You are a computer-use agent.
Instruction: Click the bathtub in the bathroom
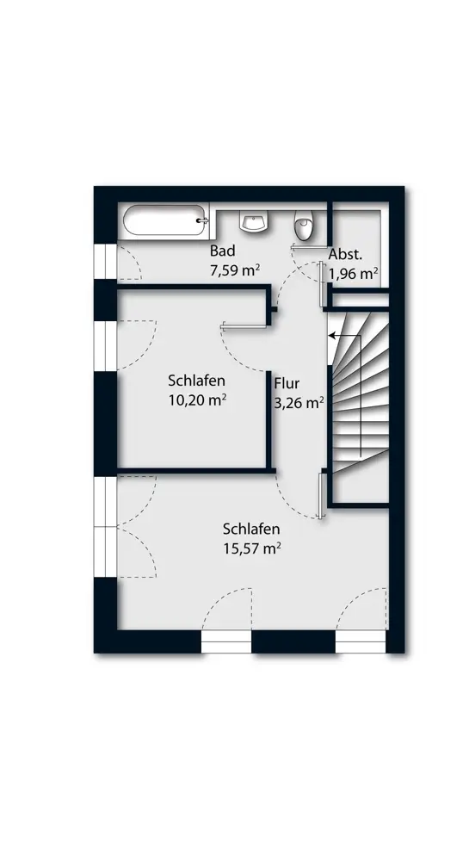[x=164, y=220]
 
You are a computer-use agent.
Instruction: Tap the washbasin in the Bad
[x=253, y=222]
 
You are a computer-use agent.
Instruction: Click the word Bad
[x=222, y=251]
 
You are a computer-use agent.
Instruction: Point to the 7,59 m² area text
[x=234, y=270]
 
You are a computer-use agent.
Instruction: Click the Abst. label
[x=346, y=255]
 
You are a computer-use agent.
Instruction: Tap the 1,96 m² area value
[x=353, y=273]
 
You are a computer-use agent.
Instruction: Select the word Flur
[x=287, y=383]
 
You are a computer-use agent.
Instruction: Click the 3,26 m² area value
[x=299, y=403]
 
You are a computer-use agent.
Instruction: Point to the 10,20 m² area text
[x=197, y=400]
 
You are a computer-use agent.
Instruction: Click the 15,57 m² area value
[x=252, y=548]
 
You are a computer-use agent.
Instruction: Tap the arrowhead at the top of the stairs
[x=332, y=334]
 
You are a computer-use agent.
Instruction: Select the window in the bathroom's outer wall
[x=105, y=262]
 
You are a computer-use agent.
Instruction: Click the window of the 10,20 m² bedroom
[x=105, y=346]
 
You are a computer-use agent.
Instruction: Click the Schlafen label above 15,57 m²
[x=251, y=529]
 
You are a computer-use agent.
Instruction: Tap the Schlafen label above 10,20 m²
[x=197, y=381]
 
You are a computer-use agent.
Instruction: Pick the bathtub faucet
[x=203, y=220]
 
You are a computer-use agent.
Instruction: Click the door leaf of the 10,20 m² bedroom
[x=244, y=326]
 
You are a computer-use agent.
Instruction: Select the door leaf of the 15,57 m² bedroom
[x=319, y=496]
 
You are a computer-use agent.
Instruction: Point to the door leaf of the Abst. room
[x=320, y=284]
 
